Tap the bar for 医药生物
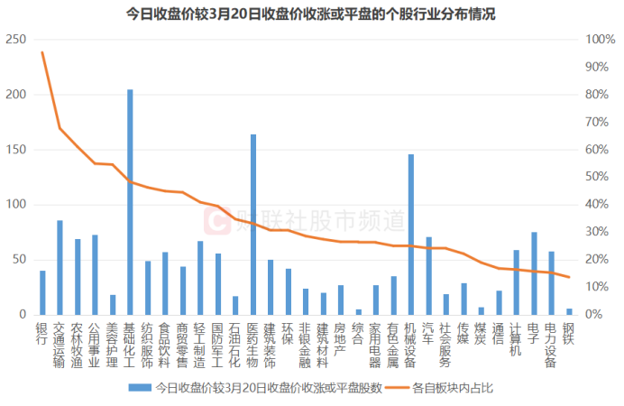tap(253, 225)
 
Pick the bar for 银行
tap(42, 292)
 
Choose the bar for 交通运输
tap(60, 267)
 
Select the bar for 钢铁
tap(569, 311)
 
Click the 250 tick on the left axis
tap(15, 40)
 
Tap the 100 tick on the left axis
tap(15, 205)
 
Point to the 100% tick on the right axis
tap(601, 40)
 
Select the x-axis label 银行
tap(41, 335)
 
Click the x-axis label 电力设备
tap(551, 346)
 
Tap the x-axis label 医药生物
tap(252, 346)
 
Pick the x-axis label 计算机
tap(516, 341)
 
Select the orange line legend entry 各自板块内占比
tap(451, 388)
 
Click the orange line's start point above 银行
tap(42, 52)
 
